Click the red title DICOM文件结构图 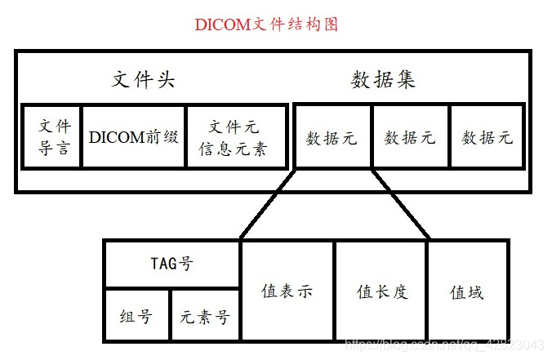(x=266, y=24)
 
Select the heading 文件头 (x=144, y=80)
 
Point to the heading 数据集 (x=384, y=80)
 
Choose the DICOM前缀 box (x=134, y=137)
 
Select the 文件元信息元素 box (x=237, y=137)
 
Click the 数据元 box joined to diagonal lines (x=332, y=137)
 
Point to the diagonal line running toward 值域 (x=400, y=204)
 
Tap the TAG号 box (x=171, y=264)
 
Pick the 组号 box (x=136, y=316)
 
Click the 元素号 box (x=205, y=316)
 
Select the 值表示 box (x=287, y=291)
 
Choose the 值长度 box (x=381, y=291)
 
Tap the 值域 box (x=467, y=291)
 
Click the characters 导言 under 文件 (x=54, y=149)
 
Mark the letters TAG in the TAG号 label (x=163, y=264)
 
